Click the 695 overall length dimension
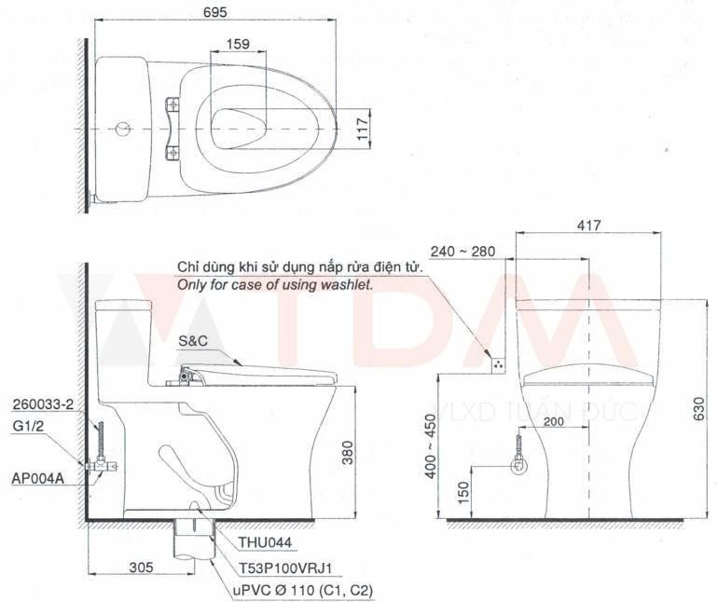pyautogui.click(x=215, y=12)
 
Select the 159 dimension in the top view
pyautogui.click(x=238, y=44)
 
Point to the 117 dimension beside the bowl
pyautogui.click(x=363, y=129)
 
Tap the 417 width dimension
pyautogui.click(x=588, y=226)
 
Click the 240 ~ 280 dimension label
pyautogui.click(x=463, y=252)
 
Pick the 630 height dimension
pyautogui.click(x=699, y=410)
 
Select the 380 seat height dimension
pyautogui.click(x=348, y=452)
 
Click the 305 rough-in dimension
pyautogui.click(x=141, y=568)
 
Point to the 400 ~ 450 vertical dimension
pyautogui.click(x=431, y=446)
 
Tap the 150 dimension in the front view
pyautogui.click(x=463, y=493)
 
